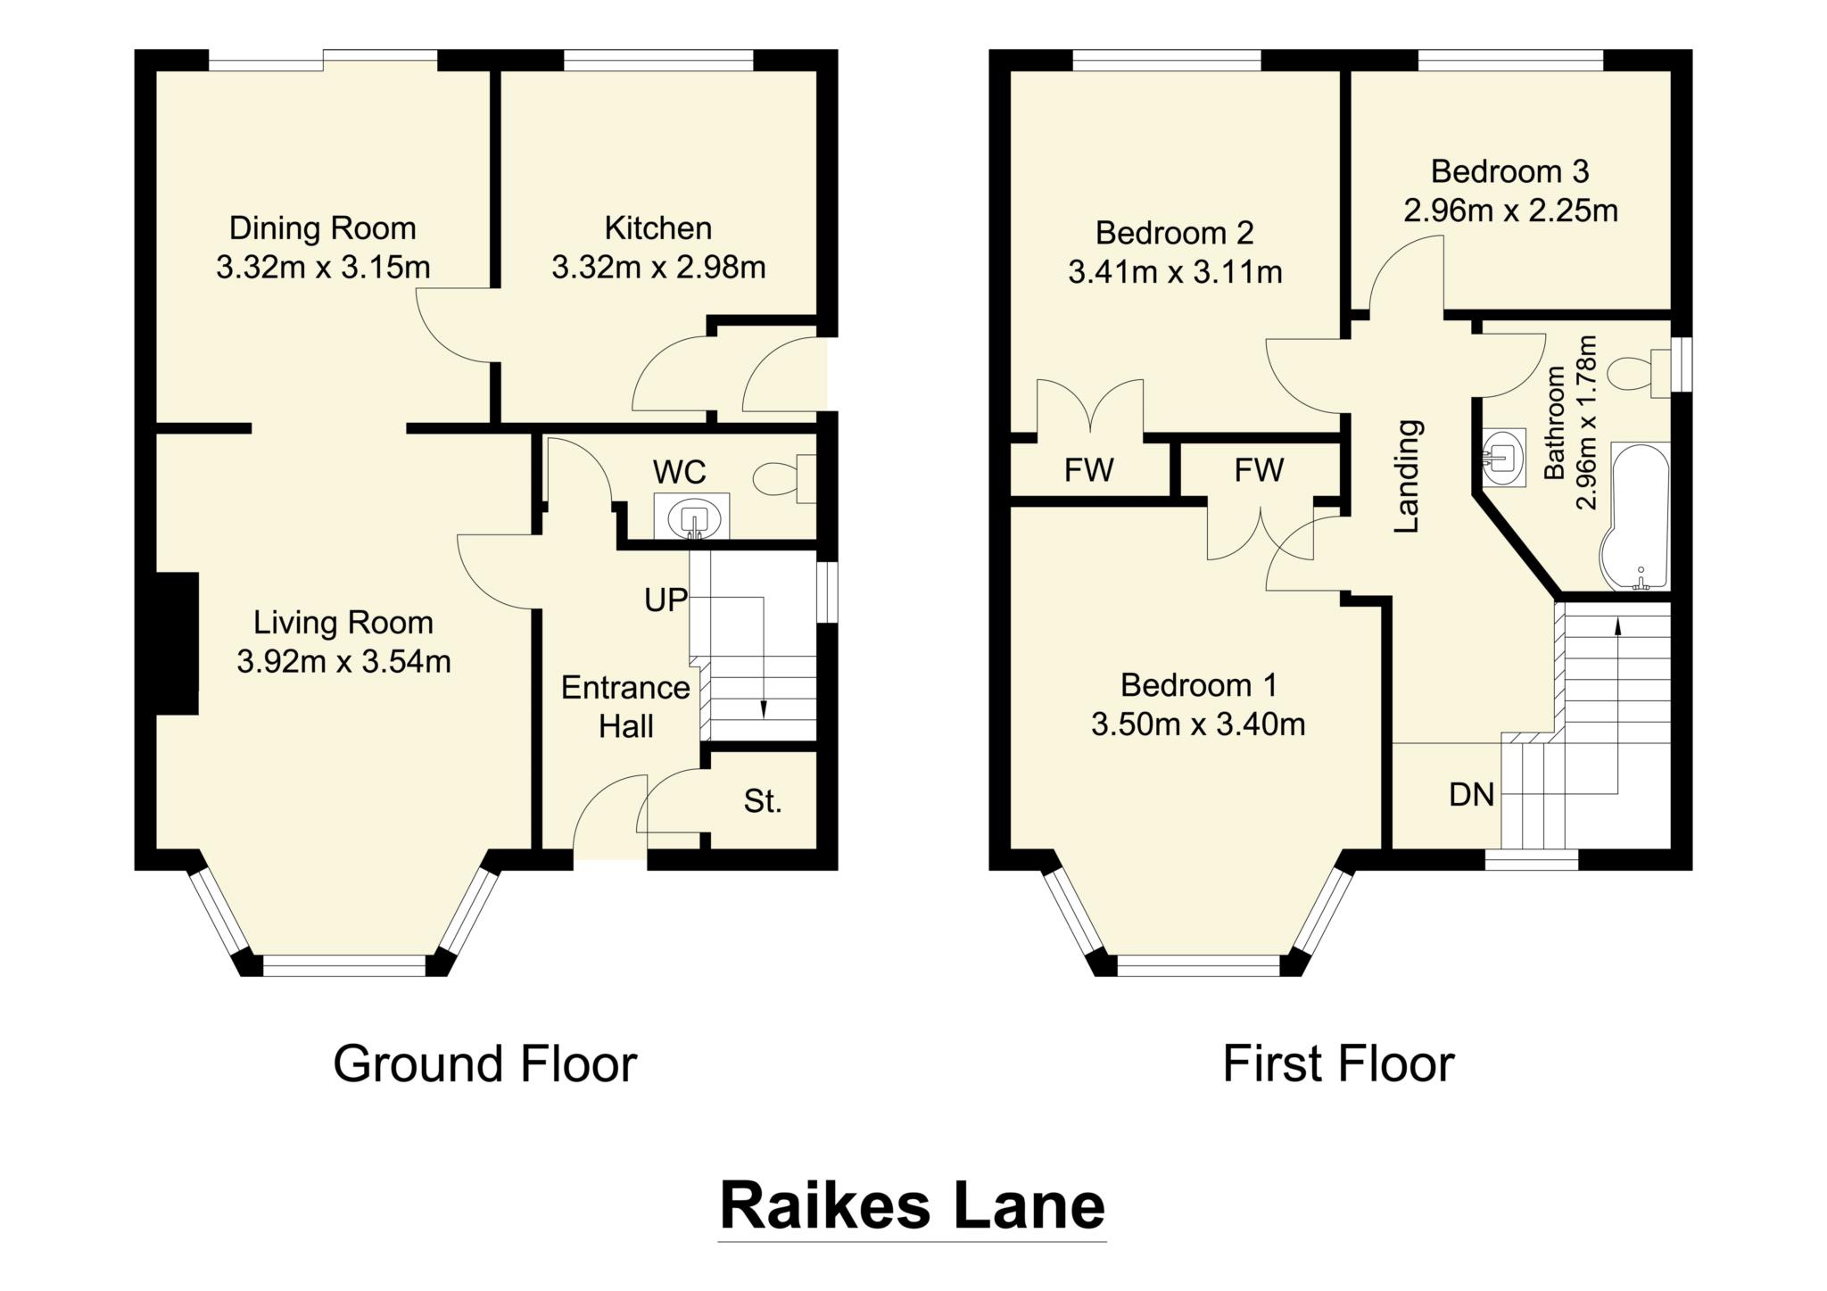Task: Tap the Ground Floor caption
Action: pyautogui.click(x=484, y=1063)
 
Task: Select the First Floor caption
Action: pyautogui.click(x=1337, y=1063)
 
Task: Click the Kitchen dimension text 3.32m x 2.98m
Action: pyautogui.click(x=658, y=267)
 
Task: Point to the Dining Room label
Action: pyautogui.click(x=322, y=228)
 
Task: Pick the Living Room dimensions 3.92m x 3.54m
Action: pyautogui.click(x=343, y=661)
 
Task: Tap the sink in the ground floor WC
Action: pyautogui.click(x=692, y=518)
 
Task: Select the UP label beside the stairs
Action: pyautogui.click(x=665, y=600)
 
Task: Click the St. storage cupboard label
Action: pyautogui.click(x=762, y=801)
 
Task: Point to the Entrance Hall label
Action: pyautogui.click(x=625, y=707)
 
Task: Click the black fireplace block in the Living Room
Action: pyautogui.click(x=177, y=643)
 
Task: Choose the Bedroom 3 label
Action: pyautogui.click(x=1509, y=170)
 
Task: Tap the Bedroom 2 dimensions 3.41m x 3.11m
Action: pyautogui.click(x=1175, y=271)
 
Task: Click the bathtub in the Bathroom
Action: pyautogui.click(x=1638, y=517)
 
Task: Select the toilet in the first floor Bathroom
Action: pyautogui.click(x=1638, y=372)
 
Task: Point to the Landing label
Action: pyautogui.click(x=1407, y=476)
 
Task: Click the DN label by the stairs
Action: pyautogui.click(x=1471, y=794)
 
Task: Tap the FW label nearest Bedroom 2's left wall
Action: pyautogui.click(x=1088, y=469)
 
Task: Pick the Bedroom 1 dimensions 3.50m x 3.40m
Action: pyautogui.click(x=1198, y=724)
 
